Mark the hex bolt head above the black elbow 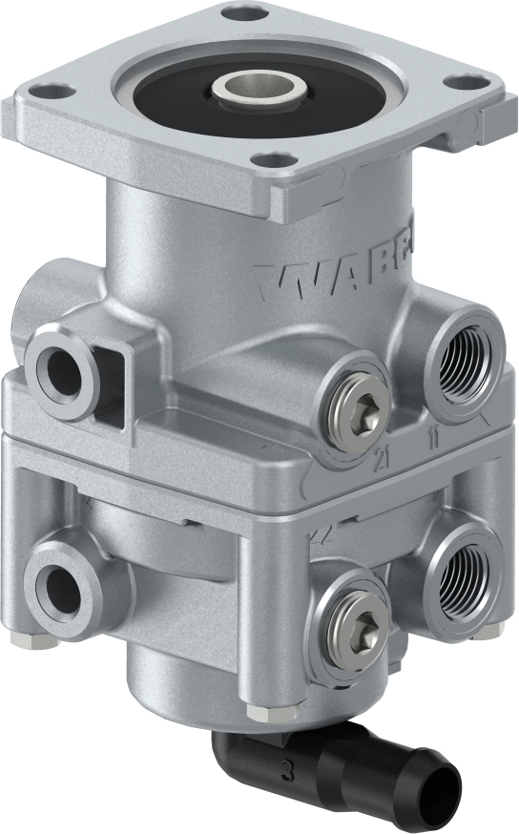[255, 712]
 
